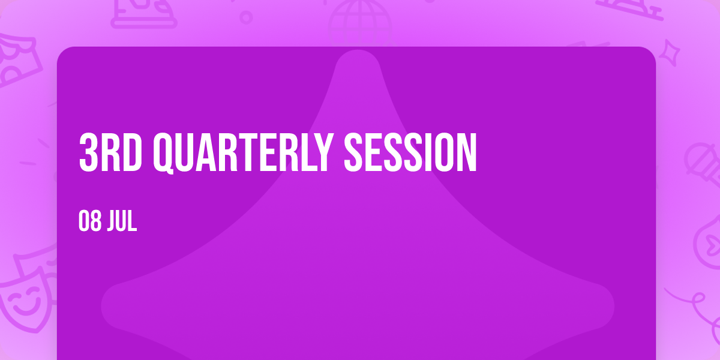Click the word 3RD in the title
pos(110,152)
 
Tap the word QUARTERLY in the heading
pos(242,153)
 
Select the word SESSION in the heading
pos(410,152)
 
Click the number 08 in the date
pos(90,221)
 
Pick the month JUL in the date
pos(122,221)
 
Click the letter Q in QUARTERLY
pos(164,154)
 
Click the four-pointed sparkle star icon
pos(669,53)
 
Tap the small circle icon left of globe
pos(246,17)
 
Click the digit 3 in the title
pos(88,152)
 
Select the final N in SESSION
pos(467,152)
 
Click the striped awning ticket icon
pos(17,59)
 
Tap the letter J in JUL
pos(112,221)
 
